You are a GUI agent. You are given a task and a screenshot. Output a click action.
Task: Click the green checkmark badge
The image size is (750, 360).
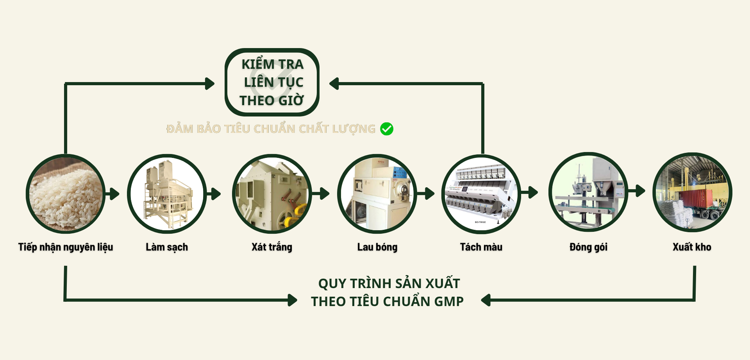pyautogui.click(x=387, y=129)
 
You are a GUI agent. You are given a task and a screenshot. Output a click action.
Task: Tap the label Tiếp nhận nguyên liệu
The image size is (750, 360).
pyautogui.click(x=66, y=247)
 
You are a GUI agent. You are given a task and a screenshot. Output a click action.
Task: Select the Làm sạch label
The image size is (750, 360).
pyautogui.click(x=167, y=247)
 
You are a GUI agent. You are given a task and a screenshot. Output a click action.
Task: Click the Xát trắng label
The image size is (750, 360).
pyautogui.click(x=272, y=247)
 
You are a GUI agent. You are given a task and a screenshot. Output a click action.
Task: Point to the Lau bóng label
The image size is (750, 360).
pyautogui.click(x=377, y=247)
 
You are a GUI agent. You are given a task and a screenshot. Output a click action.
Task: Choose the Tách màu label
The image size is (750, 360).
pyautogui.click(x=481, y=247)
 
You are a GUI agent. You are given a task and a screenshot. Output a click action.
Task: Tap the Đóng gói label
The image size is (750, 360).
pyautogui.click(x=588, y=247)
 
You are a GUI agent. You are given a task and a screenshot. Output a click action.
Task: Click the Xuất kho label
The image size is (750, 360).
pyautogui.click(x=692, y=247)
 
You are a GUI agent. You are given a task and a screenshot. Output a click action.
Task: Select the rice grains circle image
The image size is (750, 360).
pyautogui.click(x=66, y=193)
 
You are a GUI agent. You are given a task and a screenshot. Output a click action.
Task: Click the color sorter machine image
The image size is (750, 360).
pyautogui.click(x=481, y=194)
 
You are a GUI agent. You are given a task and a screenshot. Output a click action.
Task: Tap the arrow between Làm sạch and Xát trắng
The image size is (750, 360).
pyautogui.click(x=214, y=194)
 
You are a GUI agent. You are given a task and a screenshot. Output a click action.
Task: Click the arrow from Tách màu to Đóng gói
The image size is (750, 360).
pyautogui.click(x=530, y=192)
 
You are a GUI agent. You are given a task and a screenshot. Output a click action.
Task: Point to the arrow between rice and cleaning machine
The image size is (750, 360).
pyautogui.click(x=112, y=194)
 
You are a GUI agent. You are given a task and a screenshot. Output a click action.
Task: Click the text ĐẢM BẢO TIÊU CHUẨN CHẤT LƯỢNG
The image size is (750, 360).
pyautogui.click(x=271, y=129)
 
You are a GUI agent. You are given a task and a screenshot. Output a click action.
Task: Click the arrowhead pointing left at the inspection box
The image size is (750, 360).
pyautogui.click(x=334, y=84)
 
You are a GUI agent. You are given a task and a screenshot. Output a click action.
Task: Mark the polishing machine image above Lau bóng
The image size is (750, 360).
pyautogui.click(x=377, y=194)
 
